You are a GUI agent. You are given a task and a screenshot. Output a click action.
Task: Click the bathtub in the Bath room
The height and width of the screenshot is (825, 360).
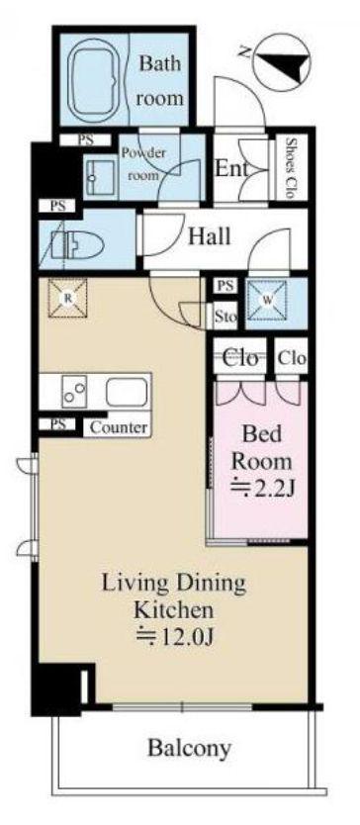[94, 80]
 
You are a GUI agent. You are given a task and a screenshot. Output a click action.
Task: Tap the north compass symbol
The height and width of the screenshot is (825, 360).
[281, 58]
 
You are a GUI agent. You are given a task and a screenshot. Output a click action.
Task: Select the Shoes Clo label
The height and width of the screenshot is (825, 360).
[289, 167]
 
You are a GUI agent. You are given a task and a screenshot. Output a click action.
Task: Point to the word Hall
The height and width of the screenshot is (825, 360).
[210, 236]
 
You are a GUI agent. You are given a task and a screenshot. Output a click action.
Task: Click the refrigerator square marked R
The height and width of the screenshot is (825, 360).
[67, 299]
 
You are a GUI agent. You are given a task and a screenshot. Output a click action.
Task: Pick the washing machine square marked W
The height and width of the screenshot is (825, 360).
[267, 300]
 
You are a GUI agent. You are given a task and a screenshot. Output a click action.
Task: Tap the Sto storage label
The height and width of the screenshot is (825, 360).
[225, 317]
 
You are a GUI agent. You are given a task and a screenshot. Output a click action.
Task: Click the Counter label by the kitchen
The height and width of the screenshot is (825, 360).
[119, 427]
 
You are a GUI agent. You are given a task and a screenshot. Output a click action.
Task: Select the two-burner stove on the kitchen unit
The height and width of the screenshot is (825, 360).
[74, 392]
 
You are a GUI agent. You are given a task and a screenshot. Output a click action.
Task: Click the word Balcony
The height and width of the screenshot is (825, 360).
[189, 748]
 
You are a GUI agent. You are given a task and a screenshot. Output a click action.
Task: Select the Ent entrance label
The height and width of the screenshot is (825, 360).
[231, 169]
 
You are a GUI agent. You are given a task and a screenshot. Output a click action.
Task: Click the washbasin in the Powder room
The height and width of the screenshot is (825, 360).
[101, 178]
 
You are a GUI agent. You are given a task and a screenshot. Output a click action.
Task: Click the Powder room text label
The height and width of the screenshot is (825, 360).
[143, 164]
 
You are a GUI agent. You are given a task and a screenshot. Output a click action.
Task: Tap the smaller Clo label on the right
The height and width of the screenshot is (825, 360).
[292, 359]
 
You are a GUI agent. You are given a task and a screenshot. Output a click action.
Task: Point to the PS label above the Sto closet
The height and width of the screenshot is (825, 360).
[225, 286]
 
